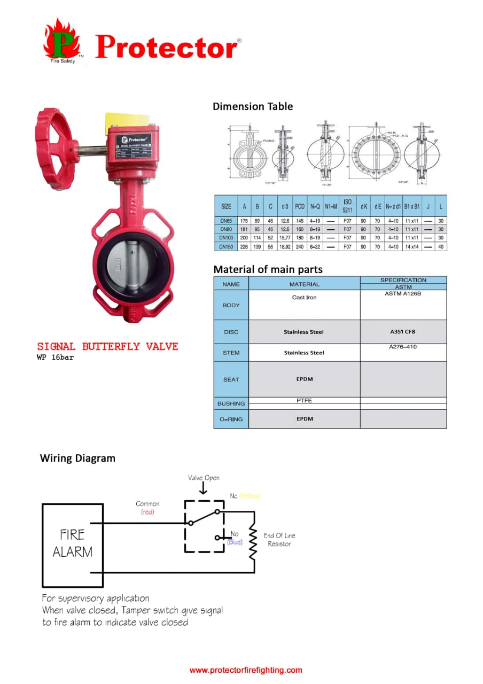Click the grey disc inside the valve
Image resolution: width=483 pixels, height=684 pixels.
[x=126, y=265]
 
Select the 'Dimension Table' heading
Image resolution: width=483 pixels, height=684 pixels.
[x=253, y=106]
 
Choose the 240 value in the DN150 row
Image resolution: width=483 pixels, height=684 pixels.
[x=300, y=246]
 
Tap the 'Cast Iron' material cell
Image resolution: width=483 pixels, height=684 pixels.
[x=304, y=297]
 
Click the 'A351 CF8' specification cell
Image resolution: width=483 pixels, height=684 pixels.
[x=403, y=332]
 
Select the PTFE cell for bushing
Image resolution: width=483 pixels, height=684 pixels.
[x=304, y=400]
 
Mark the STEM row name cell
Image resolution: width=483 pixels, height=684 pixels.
[x=231, y=353]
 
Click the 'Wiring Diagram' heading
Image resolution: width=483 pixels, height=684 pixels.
[x=77, y=458]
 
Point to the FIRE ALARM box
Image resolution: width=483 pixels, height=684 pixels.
[x=73, y=543]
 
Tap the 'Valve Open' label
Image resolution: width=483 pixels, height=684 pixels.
[x=204, y=478]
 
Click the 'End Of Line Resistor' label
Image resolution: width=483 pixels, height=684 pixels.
[x=279, y=539]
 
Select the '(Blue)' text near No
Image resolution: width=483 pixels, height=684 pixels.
[x=235, y=542]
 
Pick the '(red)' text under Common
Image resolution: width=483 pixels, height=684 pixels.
[x=147, y=512]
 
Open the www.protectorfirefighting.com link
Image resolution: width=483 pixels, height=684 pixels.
[x=246, y=670]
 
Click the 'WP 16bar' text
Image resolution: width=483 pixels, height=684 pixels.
[x=55, y=357]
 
